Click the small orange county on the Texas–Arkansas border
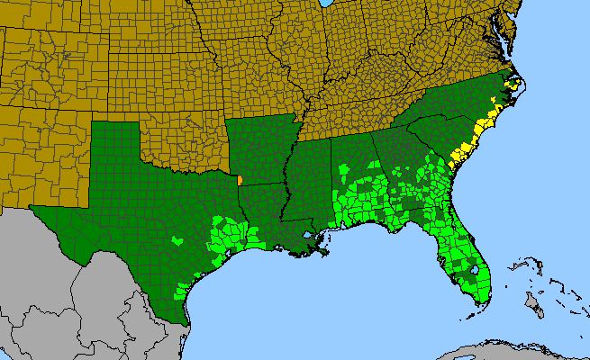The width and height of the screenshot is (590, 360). (240, 180)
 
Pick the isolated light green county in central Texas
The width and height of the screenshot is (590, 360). (177, 241)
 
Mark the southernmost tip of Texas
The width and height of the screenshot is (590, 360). (186, 326)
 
